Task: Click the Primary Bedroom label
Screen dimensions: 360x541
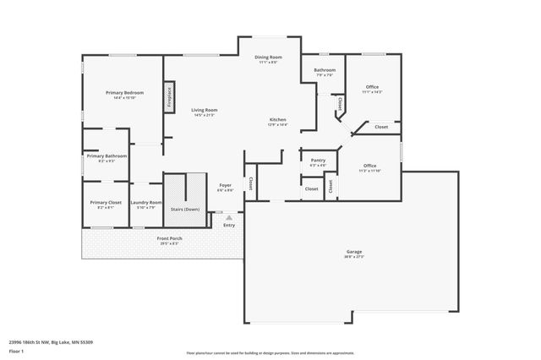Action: point(124,92)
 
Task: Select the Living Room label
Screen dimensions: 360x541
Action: point(204,110)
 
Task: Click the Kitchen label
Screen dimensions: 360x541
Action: point(277,120)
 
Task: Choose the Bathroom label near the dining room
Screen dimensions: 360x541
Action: point(325,70)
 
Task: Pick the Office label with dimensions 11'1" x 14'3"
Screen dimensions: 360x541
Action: point(371,87)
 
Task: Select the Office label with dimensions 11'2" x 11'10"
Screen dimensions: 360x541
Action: point(369,166)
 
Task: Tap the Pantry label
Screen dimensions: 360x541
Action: point(318,160)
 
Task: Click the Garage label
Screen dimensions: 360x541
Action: point(353,252)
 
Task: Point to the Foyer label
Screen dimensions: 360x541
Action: point(225,185)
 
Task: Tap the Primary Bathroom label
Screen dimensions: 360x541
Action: point(107,156)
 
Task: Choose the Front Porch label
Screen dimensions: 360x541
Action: point(169,238)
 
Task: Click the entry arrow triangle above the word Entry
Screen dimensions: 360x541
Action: point(228,217)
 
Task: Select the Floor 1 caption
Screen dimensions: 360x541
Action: point(17,349)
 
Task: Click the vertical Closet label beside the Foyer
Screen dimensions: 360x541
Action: point(250,183)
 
